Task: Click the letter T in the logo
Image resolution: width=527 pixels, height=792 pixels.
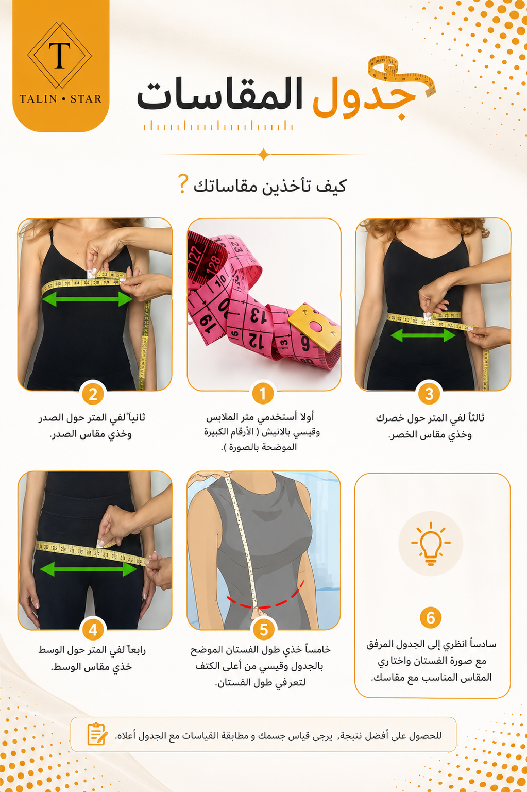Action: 59,56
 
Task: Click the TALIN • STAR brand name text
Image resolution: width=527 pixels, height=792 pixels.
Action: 60,98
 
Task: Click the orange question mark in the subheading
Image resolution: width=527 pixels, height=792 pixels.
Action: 182,183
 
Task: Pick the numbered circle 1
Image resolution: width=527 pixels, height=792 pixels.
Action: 263,393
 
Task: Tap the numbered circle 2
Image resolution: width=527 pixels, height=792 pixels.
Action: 93,394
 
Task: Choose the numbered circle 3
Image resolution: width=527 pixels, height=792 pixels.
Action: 429,394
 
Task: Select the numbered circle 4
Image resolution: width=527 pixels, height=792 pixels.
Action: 93,630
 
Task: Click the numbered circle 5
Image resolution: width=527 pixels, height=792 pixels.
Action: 264,630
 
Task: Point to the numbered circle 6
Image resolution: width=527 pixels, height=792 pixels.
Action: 431,618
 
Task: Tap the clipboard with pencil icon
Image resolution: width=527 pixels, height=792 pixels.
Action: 97,734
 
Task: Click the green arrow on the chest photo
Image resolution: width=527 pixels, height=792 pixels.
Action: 87,299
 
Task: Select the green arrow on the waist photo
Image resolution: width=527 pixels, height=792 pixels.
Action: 423,335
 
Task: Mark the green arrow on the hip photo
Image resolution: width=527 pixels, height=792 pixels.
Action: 89,569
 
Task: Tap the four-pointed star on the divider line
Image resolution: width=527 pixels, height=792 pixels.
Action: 263,155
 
